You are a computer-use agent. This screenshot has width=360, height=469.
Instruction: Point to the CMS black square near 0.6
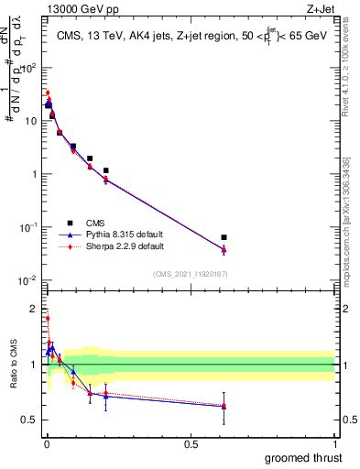(224, 237)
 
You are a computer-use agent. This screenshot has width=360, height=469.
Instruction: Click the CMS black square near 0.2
(106, 170)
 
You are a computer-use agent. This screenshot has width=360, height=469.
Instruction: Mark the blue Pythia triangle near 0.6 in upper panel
(224, 249)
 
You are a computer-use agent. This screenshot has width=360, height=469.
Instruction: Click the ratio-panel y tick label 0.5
(28, 420)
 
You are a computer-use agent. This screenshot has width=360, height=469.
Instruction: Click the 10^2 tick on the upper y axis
(27, 68)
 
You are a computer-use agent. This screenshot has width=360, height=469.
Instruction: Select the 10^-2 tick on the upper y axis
(27, 280)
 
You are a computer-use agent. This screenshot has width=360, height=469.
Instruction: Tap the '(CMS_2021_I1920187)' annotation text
(189, 274)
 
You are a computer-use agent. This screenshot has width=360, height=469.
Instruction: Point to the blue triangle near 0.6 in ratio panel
(224, 406)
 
